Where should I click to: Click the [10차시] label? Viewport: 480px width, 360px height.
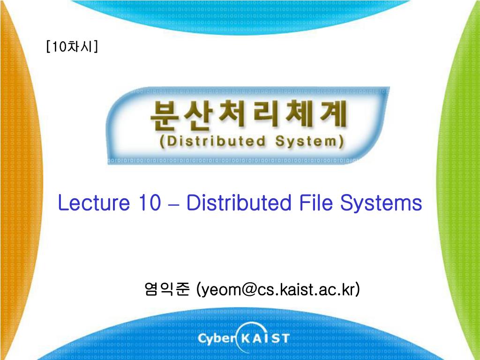point(72,47)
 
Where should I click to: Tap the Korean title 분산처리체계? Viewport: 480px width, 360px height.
point(248,117)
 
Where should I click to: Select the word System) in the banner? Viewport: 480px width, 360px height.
point(309,141)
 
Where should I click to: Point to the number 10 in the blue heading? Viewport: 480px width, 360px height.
point(150,203)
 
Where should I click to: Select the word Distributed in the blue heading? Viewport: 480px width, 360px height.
point(238,203)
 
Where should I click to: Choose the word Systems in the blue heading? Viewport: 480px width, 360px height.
point(381,203)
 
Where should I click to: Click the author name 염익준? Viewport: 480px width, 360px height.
point(167,289)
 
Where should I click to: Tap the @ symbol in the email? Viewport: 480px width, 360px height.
point(249,289)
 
